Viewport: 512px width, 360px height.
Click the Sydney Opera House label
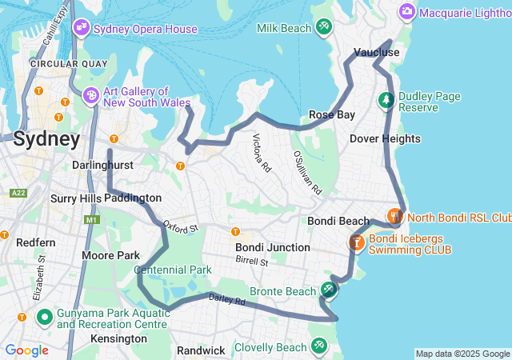point(145,30)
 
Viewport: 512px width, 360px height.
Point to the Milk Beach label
point(284,28)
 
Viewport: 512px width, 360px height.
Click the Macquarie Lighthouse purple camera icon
point(407,11)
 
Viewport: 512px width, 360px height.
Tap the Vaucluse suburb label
point(376,52)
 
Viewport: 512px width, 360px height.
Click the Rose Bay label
point(332,114)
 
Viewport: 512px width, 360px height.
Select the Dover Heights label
point(385,138)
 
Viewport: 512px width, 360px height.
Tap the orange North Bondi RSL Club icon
point(394,216)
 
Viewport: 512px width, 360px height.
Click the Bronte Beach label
point(283,290)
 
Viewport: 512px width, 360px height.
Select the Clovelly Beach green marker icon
point(320,346)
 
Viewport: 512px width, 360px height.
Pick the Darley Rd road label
point(226,300)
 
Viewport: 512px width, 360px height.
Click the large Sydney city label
point(47,139)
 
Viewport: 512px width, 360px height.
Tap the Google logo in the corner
point(26,350)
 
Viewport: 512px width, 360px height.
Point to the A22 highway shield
point(19,193)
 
